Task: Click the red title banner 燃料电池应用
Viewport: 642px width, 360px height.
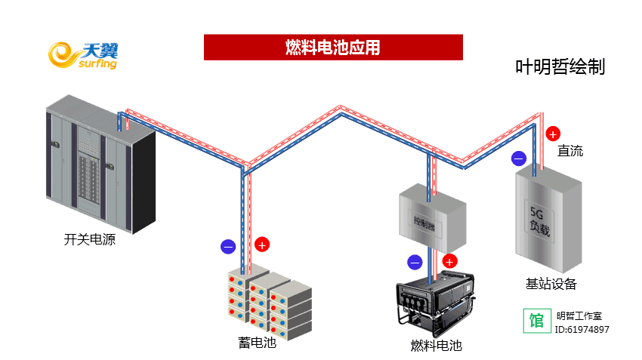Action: (332, 48)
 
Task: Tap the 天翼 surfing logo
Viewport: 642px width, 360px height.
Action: (83, 56)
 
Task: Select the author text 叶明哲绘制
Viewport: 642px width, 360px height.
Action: (560, 67)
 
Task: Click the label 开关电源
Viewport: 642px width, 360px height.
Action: (90, 240)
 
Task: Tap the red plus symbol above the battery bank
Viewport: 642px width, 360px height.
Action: (261, 245)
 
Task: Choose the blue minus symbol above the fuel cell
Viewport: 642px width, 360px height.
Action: (415, 263)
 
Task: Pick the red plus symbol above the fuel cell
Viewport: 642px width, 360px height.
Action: (449, 262)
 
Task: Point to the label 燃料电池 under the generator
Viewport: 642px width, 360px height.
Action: (436, 346)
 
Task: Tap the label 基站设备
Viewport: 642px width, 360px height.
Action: (551, 284)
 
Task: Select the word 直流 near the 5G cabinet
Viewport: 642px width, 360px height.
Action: (570, 151)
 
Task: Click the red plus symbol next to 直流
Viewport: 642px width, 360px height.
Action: (553, 134)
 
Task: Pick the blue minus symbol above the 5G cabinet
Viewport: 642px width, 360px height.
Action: (518, 158)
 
